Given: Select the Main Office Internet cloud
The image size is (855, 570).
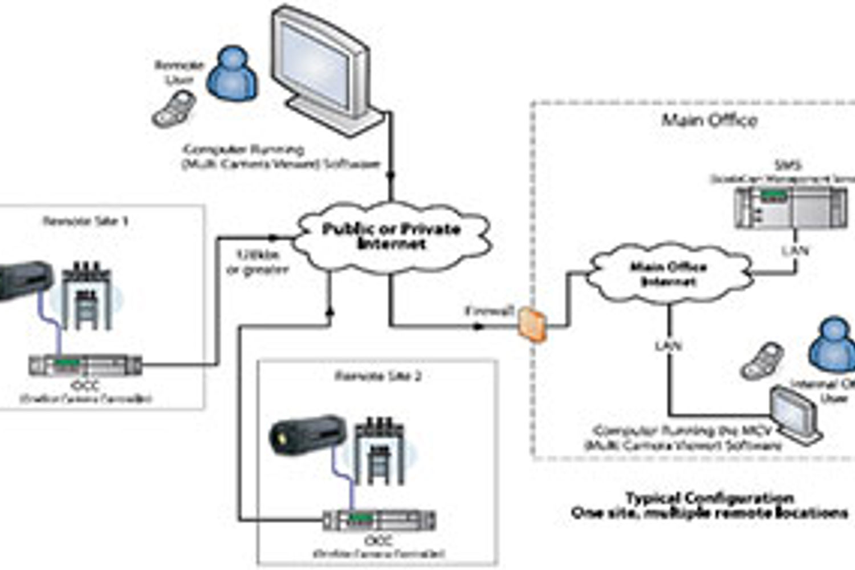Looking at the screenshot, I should click(x=668, y=274).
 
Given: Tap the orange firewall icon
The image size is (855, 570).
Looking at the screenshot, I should click(x=533, y=324).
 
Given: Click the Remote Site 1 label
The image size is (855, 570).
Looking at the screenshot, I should click(x=85, y=221).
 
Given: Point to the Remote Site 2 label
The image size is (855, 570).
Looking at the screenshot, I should click(x=377, y=376).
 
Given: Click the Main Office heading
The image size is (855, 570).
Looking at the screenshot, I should click(x=709, y=120).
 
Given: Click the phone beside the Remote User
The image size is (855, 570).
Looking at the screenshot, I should click(x=174, y=109).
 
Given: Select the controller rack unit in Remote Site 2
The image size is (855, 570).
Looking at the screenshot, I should click(x=379, y=520).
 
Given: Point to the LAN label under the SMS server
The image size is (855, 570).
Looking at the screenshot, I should click(x=795, y=250).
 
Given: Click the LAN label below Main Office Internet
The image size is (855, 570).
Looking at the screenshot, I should click(x=668, y=345).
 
